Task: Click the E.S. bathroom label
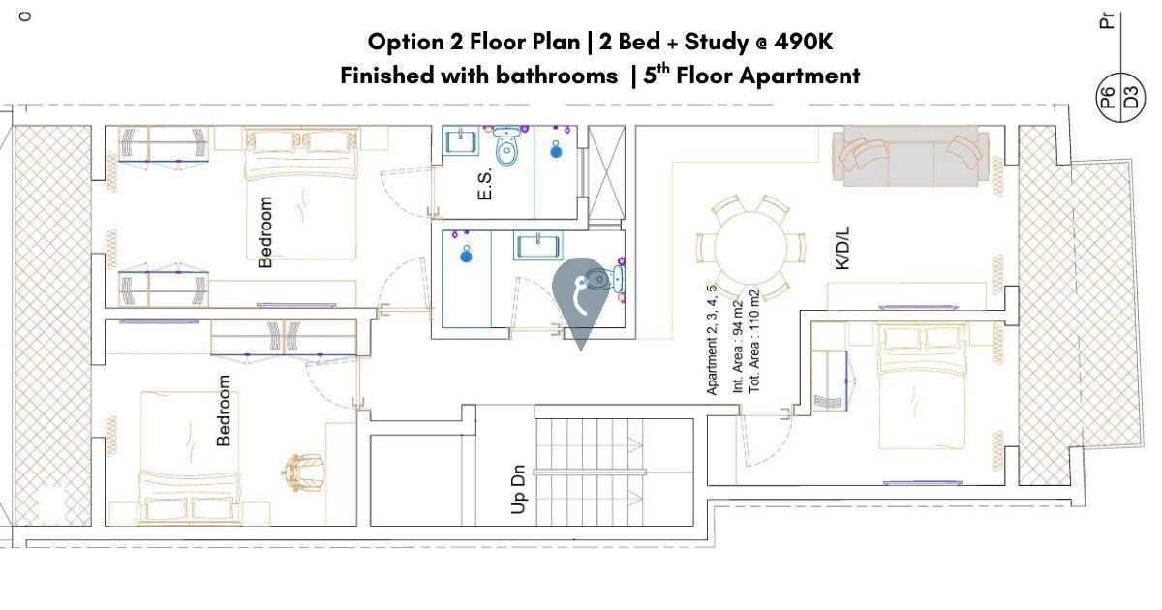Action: [484, 185]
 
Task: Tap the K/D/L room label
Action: [842, 248]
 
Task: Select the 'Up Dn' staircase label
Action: [518, 489]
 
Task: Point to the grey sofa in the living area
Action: [910, 156]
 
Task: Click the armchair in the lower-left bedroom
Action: [303, 473]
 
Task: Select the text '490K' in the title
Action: [803, 42]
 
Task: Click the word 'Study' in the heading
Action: [717, 43]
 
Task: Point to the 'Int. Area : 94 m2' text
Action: [737, 347]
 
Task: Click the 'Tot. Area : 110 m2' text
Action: [753, 341]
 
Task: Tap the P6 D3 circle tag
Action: [1121, 97]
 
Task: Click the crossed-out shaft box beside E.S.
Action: [606, 175]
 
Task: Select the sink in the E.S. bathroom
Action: [460, 140]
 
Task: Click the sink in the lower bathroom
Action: [538, 245]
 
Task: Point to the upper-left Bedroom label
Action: [265, 231]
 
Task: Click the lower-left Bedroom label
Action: [224, 411]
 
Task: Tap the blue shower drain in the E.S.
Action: [556, 151]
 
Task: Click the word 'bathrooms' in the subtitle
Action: [557, 76]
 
